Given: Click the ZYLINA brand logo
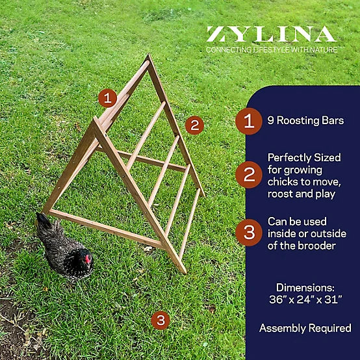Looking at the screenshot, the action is pos(272,34).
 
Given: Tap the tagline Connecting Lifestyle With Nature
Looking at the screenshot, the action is pos(272,50).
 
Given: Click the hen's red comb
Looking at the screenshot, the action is pos(88,259).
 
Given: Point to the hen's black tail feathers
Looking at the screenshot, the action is pos(44,221).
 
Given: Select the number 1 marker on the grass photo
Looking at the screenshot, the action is pos(107,98).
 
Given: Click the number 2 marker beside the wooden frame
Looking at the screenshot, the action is pos(195,125).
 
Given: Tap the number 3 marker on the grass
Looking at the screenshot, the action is pos(161,320).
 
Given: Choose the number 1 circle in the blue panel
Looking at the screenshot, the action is pos(249,121).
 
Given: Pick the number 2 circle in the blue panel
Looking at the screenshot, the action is pos(249,175).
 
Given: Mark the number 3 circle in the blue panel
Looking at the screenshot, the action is pos(249,233).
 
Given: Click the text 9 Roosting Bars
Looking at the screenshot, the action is pos(305,121).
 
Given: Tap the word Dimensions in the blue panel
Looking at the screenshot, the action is pos(305,287).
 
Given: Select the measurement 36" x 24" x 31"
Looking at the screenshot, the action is pos(305,300).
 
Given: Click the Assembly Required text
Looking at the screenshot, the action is pos(305,328).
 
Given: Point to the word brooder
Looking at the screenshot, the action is pos(317,246).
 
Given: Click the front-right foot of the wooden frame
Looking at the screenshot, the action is pos(183,271).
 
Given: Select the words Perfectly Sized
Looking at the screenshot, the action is pos(304,158).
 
